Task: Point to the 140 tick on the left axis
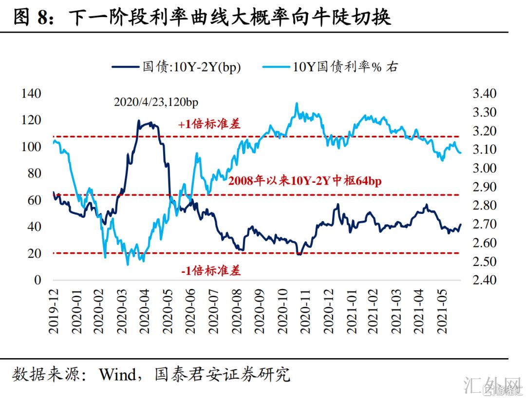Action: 32,94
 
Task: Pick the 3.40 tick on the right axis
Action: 484,94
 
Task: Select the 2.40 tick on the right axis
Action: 484,280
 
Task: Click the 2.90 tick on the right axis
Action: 484,187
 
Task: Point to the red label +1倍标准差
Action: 209,124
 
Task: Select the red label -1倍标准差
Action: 210,271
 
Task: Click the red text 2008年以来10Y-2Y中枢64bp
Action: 304,181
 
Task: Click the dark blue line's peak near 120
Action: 139,120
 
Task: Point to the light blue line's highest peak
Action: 297,103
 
